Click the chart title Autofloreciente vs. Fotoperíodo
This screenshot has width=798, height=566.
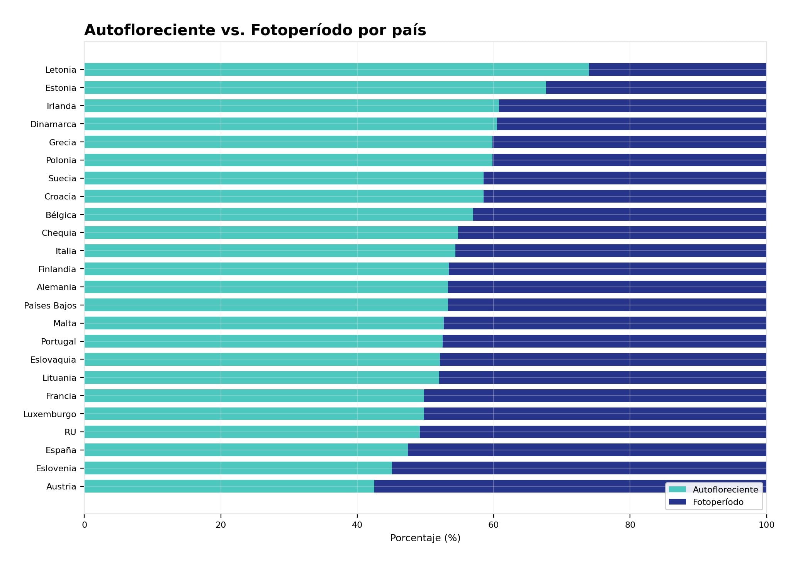255,30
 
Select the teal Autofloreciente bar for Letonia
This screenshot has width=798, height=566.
336,70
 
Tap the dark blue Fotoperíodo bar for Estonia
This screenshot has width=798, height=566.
656,88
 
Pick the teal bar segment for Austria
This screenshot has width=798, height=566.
229,486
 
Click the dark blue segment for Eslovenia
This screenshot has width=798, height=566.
579,468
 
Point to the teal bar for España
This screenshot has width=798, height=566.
246,450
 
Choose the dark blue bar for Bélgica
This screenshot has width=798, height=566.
619,215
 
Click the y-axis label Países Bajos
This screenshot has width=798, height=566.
50,305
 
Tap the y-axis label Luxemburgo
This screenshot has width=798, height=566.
49,414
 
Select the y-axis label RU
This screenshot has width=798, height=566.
70,432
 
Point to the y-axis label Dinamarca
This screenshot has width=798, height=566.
53,124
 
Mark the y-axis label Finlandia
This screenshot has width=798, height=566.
57,269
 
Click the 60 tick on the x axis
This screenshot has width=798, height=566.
493,525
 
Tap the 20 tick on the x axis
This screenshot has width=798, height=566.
221,525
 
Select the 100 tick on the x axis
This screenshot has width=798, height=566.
766,525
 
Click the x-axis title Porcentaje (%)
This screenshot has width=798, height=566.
425,538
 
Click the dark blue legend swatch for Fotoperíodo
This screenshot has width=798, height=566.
677,502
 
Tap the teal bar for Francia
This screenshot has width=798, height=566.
254,396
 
